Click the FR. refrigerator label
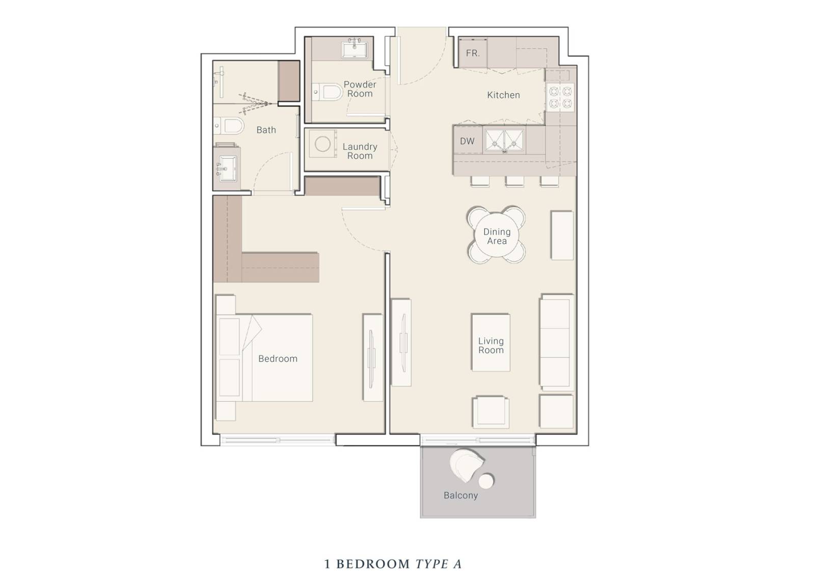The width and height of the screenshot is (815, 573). coord(473,53)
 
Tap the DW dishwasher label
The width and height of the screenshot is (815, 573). coord(467,141)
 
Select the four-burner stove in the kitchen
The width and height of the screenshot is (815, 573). coord(560,97)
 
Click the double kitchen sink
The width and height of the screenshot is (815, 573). coord(505,141)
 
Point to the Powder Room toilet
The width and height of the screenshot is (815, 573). coord(328,92)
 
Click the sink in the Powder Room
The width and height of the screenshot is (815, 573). coord(355,49)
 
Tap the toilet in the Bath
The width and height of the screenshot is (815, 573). coord(229,126)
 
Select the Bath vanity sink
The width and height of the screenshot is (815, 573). coord(226,168)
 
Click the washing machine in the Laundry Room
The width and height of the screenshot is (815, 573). coord(323,144)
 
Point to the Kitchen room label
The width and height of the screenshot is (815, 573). coord(503,95)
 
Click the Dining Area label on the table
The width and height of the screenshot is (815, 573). coord(497,236)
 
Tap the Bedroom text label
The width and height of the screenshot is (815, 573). coord(278,359)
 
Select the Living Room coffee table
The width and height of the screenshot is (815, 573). coord(491,343)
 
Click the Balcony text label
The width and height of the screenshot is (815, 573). coord(460,496)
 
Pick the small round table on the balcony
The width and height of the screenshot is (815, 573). coord(486,481)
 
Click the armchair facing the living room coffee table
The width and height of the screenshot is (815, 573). coord(491,412)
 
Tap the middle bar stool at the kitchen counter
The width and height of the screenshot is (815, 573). coord(514,181)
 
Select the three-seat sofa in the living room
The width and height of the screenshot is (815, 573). coord(556,342)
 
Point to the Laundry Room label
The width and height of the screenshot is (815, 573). coord(360,151)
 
